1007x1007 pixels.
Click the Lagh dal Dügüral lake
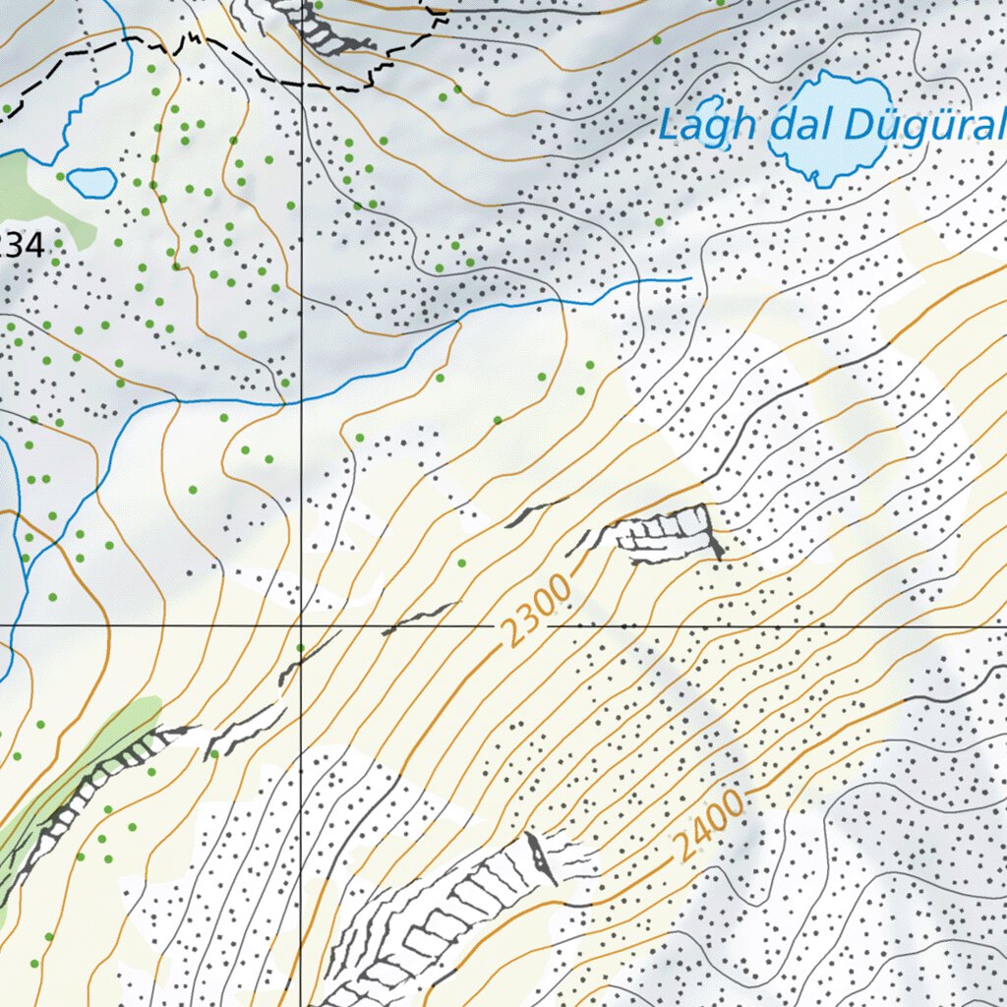click(x=824, y=128)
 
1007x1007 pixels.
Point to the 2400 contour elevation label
click(x=709, y=827)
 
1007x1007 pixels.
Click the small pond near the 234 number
click(x=91, y=182)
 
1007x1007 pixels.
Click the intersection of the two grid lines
click(x=301, y=624)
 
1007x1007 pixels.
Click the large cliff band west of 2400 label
click(x=452, y=915)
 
